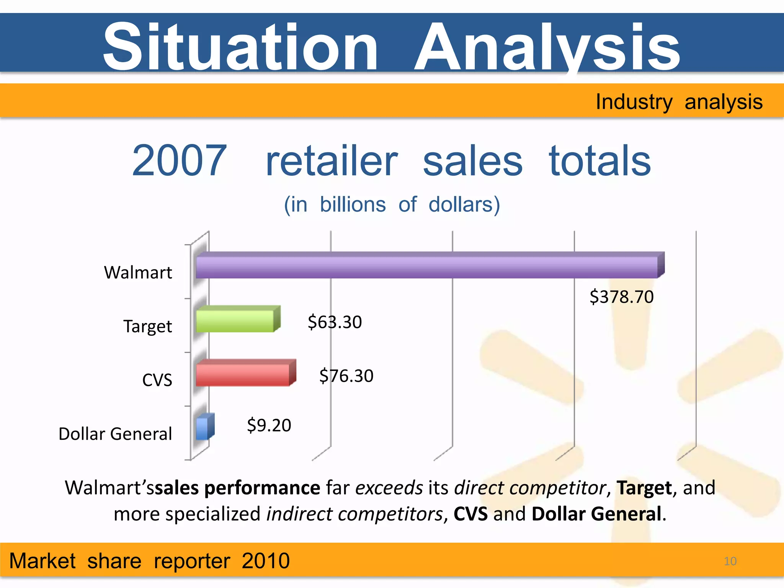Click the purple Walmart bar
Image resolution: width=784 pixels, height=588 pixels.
(x=427, y=267)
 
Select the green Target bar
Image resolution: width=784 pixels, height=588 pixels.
(x=235, y=321)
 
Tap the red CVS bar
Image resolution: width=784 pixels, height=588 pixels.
(x=242, y=374)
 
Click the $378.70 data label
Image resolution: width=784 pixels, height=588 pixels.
(x=621, y=297)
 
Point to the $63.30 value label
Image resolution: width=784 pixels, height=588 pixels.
(x=335, y=322)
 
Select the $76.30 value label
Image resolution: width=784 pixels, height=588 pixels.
(x=346, y=376)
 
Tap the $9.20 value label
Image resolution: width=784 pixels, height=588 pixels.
(x=269, y=425)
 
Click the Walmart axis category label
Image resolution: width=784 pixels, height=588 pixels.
(x=138, y=273)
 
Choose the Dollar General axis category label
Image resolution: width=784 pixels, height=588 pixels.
(x=115, y=434)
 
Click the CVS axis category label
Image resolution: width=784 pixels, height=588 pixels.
(x=157, y=380)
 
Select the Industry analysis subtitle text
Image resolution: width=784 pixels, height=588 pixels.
(x=679, y=102)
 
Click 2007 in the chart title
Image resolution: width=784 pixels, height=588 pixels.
(x=179, y=161)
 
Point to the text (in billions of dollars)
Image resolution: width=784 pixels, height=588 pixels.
(x=392, y=204)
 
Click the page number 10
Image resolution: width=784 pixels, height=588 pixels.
(x=730, y=561)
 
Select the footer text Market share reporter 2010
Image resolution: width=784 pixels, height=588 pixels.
(x=149, y=561)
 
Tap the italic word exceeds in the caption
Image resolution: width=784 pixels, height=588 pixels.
(x=389, y=488)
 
